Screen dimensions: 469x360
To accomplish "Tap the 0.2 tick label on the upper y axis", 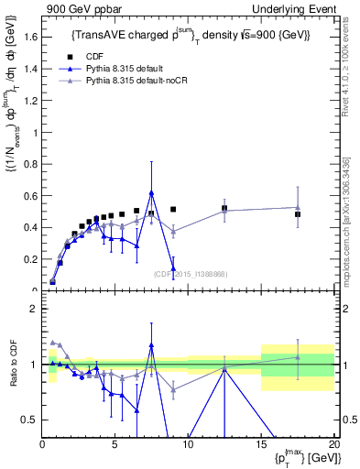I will pyautogui.click(x=30, y=259).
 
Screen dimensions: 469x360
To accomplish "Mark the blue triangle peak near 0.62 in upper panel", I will pyautogui.click(x=151, y=192).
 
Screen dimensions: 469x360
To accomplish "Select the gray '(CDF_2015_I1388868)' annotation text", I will pyautogui.click(x=190, y=274).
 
